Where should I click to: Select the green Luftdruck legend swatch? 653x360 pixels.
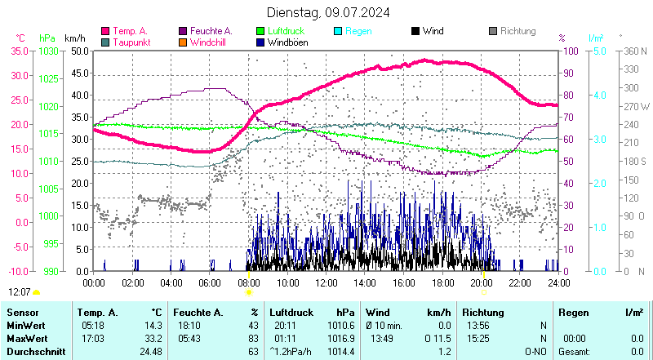point(261,31)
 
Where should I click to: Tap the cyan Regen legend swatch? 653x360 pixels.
point(340,31)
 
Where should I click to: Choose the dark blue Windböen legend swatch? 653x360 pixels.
point(261,42)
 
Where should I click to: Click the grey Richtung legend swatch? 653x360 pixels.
point(492,31)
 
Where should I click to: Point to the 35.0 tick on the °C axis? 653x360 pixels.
point(18,51)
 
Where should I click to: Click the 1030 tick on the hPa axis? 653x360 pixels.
point(49,51)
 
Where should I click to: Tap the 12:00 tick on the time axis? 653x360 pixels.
point(326,282)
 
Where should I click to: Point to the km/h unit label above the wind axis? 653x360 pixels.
point(74,38)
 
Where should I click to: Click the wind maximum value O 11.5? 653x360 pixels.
point(438,338)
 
